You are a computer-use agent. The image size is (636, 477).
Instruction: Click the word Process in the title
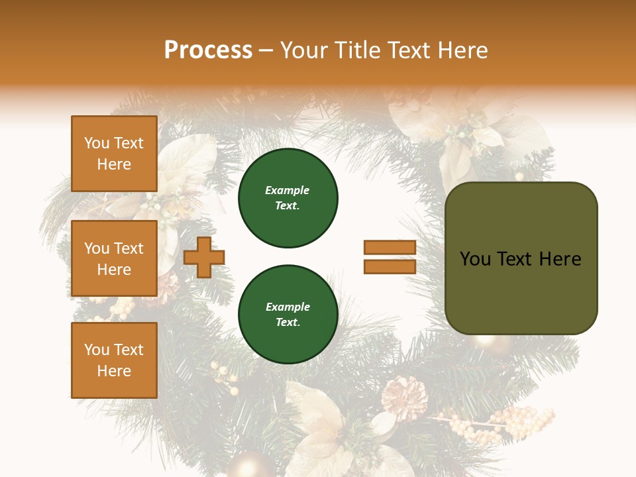208,50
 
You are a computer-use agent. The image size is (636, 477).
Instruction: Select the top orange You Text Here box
114,154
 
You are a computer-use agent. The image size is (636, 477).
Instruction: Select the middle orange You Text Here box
114,258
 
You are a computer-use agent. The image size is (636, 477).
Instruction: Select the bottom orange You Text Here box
114,360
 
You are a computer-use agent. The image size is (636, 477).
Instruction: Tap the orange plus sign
204,257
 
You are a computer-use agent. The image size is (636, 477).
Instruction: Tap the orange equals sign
390,257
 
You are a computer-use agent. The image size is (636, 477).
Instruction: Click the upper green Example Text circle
288,198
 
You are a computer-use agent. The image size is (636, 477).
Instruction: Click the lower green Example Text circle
288,315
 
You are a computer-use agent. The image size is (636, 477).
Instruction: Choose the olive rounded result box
521,258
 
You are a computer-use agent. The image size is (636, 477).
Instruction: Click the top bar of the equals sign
390,248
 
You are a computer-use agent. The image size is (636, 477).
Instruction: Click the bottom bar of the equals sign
390,266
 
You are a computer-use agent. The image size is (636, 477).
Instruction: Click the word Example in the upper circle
287,190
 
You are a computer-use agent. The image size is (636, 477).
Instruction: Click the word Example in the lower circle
288,307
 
